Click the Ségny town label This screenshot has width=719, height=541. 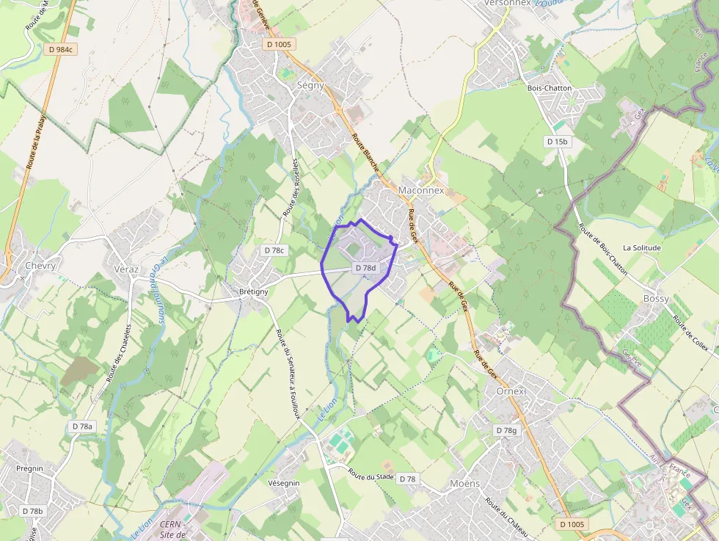310,85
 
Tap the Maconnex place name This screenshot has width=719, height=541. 421,190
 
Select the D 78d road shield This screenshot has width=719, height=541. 365,269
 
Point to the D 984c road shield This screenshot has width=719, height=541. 59,49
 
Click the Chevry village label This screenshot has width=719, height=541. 40,266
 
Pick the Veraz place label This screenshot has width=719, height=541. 126,269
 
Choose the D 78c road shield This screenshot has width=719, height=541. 273,250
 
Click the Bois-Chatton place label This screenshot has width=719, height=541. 550,88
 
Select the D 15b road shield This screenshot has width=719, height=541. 557,141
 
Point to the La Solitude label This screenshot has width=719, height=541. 641,248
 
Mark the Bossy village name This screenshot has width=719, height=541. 656,299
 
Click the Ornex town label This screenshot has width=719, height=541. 511,391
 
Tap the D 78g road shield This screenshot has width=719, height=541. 506,430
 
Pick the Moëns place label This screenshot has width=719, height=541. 464,483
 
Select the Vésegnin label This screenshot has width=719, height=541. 284,483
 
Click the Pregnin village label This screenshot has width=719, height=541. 29,468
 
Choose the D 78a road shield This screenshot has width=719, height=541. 82,426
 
